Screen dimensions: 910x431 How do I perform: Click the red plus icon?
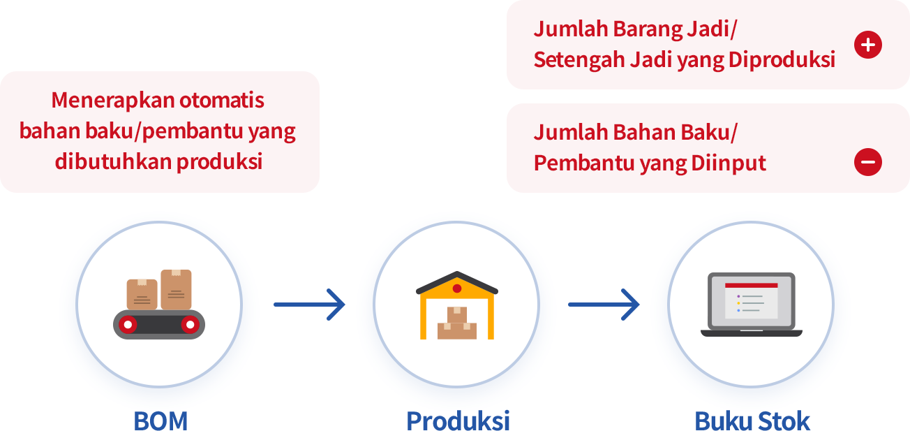click(867, 45)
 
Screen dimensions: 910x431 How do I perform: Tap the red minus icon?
click(867, 162)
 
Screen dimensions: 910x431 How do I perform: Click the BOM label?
click(161, 421)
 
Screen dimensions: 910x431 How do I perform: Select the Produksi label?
click(458, 421)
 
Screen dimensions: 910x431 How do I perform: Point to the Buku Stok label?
click(752, 421)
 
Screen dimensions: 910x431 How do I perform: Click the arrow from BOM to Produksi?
click(310, 305)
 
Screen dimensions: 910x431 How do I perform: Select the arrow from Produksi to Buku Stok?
click(604, 305)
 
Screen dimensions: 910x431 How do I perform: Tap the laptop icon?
click(752, 305)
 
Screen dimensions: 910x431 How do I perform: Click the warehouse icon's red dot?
click(457, 288)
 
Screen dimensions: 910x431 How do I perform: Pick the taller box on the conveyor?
click(176, 289)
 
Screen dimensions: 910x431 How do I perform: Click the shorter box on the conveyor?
click(142, 294)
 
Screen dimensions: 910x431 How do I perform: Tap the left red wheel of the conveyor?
click(128, 324)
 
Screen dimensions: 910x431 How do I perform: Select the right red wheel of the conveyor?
click(190, 324)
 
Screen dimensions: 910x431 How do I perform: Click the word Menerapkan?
click(112, 101)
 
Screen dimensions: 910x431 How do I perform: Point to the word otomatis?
click(222, 101)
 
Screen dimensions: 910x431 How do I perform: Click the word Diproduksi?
click(782, 60)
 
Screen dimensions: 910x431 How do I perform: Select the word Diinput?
click(729, 163)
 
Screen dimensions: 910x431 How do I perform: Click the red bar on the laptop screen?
click(752, 286)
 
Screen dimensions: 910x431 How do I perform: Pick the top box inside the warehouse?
click(457, 315)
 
